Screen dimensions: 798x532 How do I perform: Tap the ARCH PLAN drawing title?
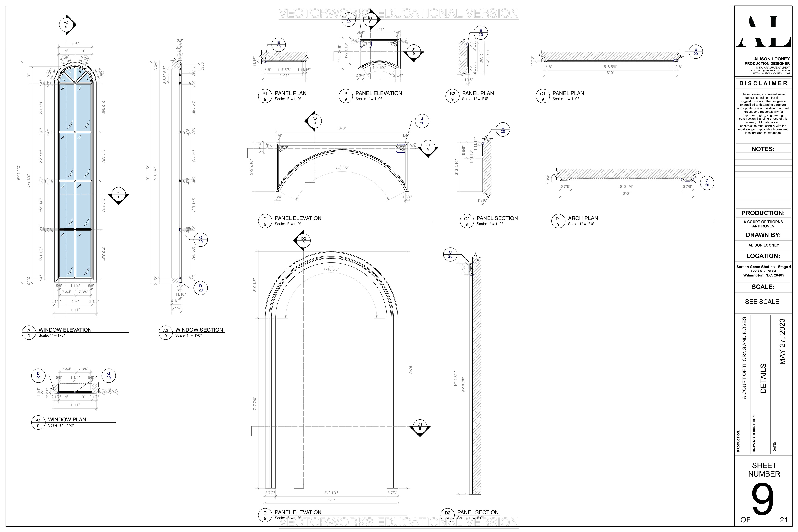point(583,218)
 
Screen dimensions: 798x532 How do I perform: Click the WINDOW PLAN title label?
point(67,419)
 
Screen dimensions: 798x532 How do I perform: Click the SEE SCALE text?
point(762,302)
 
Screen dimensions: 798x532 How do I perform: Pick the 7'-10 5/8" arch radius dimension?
point(331,269)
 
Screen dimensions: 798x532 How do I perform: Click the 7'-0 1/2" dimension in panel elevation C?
point(342,168)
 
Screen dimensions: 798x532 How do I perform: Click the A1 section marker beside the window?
point(119,194)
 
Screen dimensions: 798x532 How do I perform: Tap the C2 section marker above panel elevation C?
point(314,121)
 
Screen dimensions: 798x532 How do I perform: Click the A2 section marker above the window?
point(66,25)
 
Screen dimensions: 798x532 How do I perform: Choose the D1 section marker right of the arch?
point(420,426)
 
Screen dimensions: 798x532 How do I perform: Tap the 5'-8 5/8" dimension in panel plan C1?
point(610,67)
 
